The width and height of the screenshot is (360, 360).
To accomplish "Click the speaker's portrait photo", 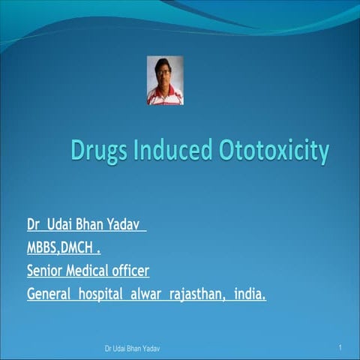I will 165,80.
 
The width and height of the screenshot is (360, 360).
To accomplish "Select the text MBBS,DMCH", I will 63,247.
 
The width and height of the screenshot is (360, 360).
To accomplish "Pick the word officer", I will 139,269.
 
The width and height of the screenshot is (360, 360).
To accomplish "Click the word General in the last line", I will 49,292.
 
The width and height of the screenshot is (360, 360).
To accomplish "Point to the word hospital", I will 103,292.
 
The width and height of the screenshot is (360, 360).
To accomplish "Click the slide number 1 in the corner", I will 340,349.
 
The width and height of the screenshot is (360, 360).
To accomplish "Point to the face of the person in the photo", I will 165,73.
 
